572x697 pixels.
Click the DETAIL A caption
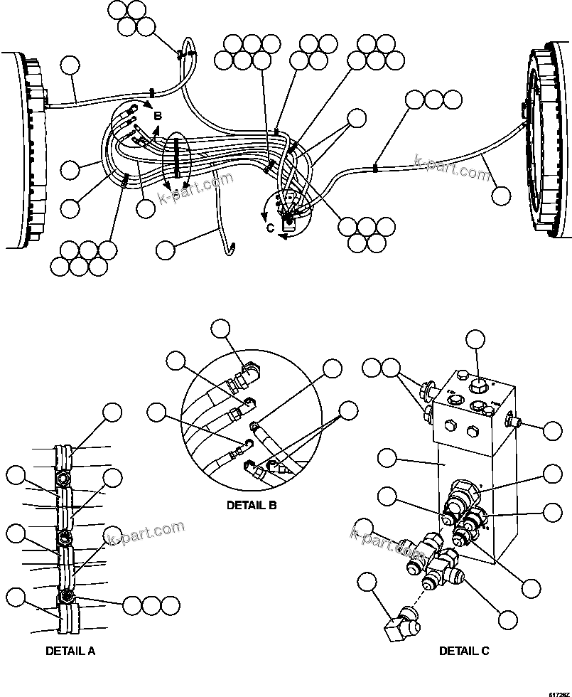click(70, 650)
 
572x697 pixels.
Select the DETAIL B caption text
click(251, 506)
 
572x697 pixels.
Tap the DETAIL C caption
click(463, 650)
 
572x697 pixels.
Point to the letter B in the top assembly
click(158, 115)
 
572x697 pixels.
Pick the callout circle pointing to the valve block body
click(387, 459)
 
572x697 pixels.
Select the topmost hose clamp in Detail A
click(64, 456)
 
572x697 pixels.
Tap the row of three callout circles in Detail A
click(151, 605)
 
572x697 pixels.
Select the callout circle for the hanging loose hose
click(165, 250)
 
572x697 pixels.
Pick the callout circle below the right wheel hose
click(502, 195)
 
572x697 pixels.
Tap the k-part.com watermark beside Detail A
click(146, 533)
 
